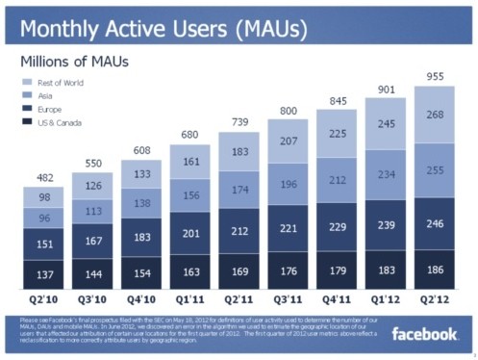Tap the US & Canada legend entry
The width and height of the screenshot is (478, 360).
(x=61, y=123)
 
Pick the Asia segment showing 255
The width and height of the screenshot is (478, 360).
(x=435, y=170)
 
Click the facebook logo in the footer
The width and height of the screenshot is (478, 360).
(x=425, y=334)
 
